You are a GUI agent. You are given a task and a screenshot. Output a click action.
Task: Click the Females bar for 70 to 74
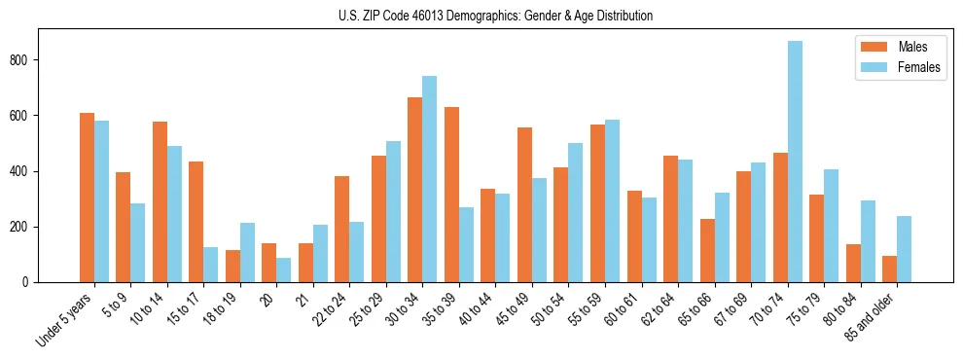tap(795, 162)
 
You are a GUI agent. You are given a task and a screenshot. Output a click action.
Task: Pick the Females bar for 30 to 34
tap(430, 179)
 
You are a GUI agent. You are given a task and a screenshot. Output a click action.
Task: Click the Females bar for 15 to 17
tap(211, 265)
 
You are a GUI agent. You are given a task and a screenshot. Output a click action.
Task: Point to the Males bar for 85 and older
tap(889, 270)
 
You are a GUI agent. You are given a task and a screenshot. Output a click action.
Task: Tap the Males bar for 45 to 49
tap(524, 205)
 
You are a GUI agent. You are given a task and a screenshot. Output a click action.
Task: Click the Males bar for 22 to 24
tap(342, 230)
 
